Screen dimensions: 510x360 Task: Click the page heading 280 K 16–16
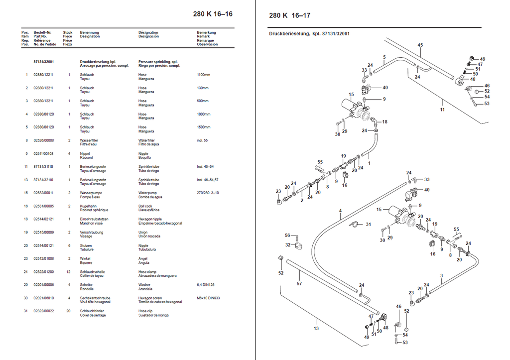point(213,13)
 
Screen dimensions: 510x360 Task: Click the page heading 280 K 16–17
point(289,15)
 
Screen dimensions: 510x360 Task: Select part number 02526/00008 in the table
point(44,140)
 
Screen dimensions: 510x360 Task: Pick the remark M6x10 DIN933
point(208,298)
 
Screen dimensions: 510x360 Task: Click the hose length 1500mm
point(204,127)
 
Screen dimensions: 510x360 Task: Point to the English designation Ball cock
point(145,206)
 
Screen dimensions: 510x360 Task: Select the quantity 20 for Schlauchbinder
point(68,311)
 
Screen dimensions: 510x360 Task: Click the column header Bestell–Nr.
point(43,32)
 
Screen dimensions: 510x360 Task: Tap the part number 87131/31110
point(43,166)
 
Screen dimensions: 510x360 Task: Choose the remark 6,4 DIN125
point(206,285)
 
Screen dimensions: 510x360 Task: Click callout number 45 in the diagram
point(420,45)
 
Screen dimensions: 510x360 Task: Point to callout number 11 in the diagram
point(442,110)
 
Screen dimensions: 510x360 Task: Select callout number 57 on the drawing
point(299,284)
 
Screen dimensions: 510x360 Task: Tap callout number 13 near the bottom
point(316,329)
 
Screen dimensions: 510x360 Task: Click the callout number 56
point(287,235)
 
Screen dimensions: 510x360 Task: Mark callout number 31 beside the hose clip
point(368,224)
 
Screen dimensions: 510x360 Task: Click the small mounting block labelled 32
point(299,246)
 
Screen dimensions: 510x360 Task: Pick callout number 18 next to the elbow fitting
point(385,121)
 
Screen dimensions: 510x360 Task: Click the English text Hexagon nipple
point(150,219)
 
